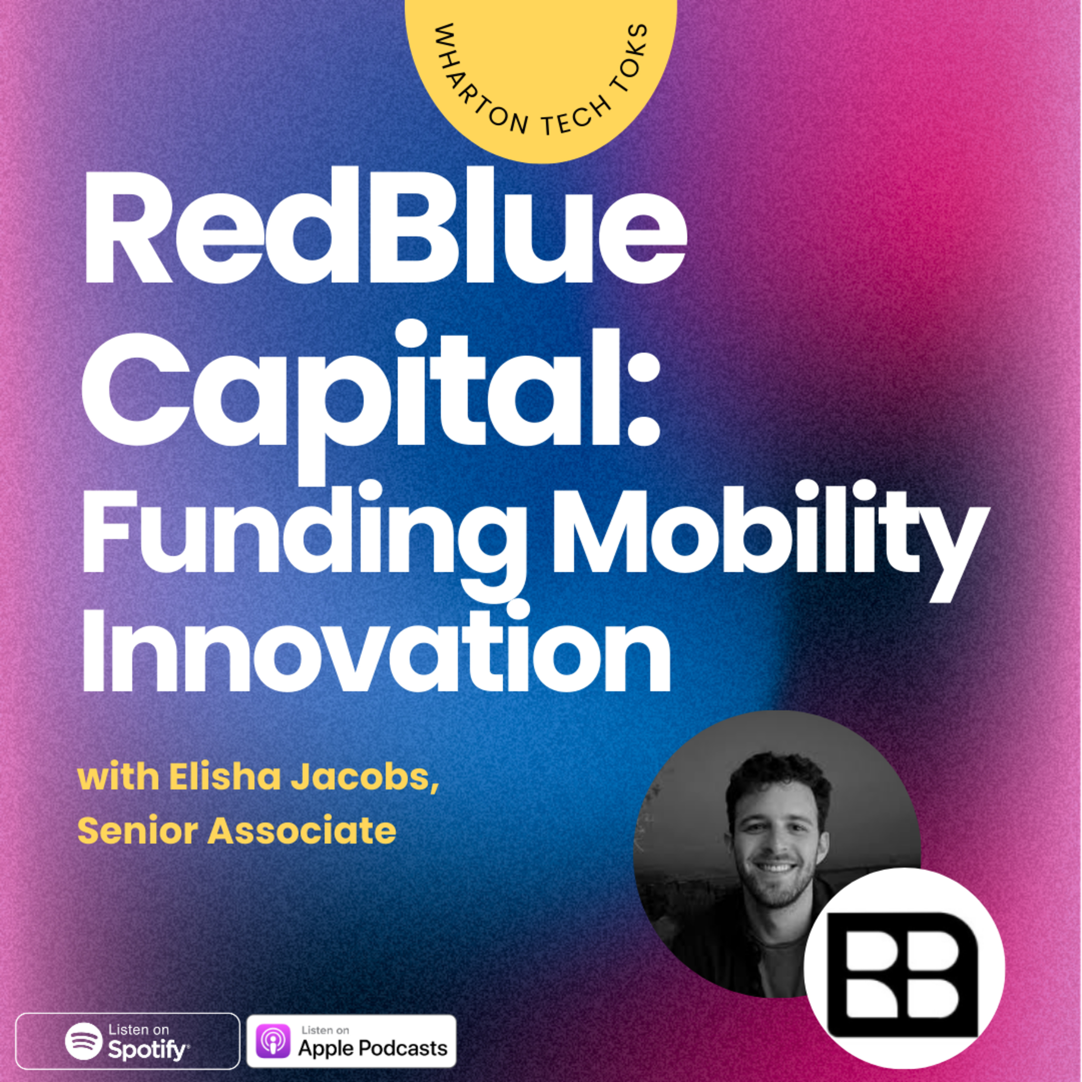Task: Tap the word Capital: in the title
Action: pyautogui.click(x=371, y=401)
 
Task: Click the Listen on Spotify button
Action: pyautogui.click(x=128, y=1041)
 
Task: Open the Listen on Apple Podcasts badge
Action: pyautogui.click(x=352, y=1041)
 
